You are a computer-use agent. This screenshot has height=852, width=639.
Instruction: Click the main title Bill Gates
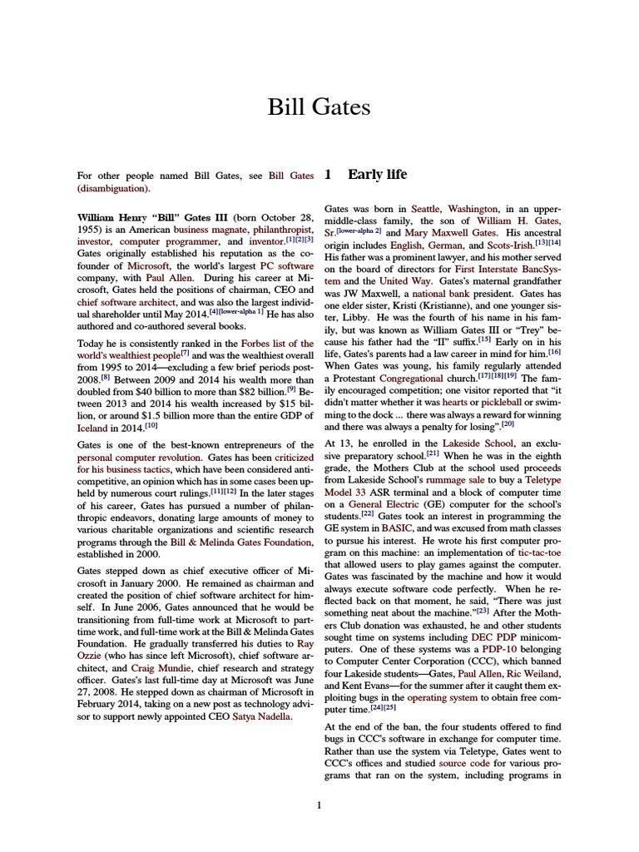319,107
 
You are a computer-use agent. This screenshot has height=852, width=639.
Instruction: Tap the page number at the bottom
319,804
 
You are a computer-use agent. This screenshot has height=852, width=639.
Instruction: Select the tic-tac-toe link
540,552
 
